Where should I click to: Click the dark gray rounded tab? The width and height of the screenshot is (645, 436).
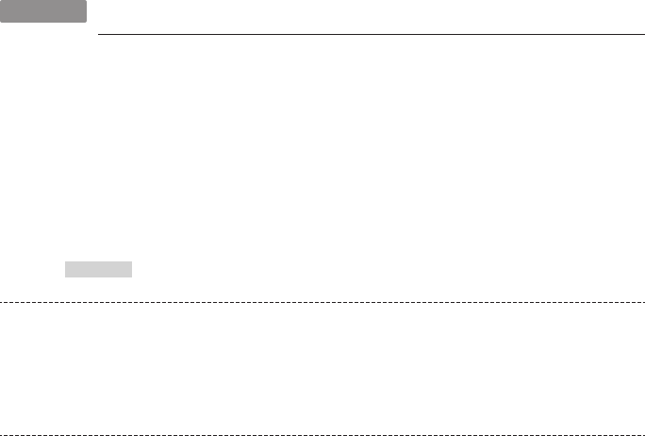[43, 11]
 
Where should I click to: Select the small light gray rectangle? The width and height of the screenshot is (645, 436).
[98, 270]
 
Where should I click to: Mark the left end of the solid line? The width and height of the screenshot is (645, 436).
[98, 36]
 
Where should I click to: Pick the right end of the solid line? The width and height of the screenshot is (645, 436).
[643, 36]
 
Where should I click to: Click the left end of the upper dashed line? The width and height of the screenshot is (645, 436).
[1, 303]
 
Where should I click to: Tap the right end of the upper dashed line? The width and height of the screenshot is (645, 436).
[644, 303]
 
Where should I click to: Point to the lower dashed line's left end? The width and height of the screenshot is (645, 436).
[1, 433]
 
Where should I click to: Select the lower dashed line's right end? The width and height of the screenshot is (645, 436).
[644, 433]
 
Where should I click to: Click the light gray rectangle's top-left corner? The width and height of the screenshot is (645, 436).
[65, 263]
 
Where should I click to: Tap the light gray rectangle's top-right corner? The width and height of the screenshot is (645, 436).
[132, 263]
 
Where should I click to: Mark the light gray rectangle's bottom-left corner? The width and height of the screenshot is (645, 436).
[65, 277]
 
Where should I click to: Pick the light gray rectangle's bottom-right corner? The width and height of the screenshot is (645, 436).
[132, 277]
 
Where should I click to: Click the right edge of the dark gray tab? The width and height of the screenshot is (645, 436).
[87, 11]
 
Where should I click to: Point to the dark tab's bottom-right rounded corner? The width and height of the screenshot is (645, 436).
[86, 22]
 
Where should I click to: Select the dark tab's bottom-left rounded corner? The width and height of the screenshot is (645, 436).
[2, 22]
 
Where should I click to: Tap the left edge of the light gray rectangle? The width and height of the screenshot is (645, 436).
[65, 270]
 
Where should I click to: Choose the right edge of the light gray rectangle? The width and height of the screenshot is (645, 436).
[132, 270]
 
